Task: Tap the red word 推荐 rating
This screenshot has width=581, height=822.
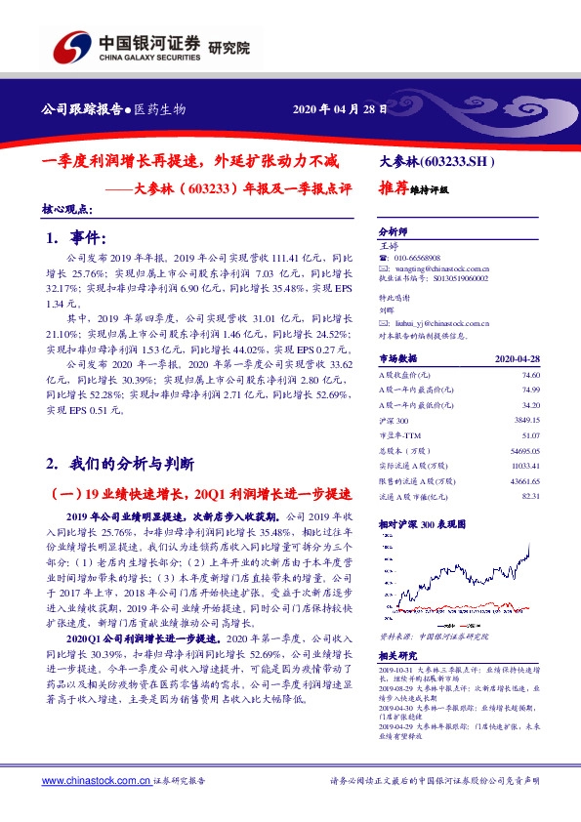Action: click(x=395, y=190)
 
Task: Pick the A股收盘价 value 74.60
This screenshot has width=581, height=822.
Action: click(x=530, y=375)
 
